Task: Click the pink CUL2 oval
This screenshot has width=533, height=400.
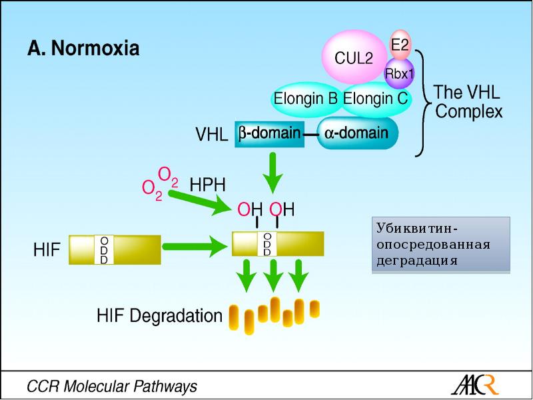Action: click(353, 58)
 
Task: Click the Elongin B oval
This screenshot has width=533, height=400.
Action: click(306, 99)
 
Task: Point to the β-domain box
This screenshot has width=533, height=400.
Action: click(268, 133)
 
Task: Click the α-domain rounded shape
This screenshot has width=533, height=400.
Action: click(357, 133)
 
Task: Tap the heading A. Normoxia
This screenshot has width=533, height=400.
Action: click(83, 49)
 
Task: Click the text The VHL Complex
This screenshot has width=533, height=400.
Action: click(468, 101)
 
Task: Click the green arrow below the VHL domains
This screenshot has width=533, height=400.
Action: click(272, 172)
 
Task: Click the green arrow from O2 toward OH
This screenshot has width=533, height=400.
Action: click(199, 201)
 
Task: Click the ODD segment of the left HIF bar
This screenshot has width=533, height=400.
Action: click(104, 249)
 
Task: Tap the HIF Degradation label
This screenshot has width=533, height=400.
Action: click(159, 315)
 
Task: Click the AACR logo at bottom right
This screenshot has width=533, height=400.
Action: click(474, 385)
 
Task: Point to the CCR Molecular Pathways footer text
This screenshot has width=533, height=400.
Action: click(111, 386)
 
